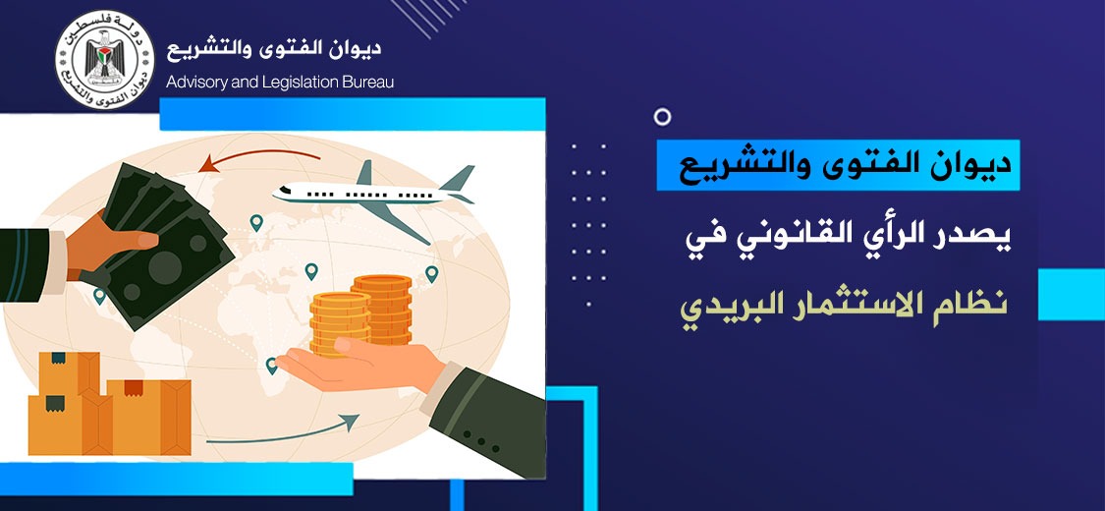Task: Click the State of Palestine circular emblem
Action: click(104, 60)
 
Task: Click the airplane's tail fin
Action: click(458, 178)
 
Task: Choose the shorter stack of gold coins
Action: click(340, 323)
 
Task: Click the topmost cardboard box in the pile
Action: click(69, 373)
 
